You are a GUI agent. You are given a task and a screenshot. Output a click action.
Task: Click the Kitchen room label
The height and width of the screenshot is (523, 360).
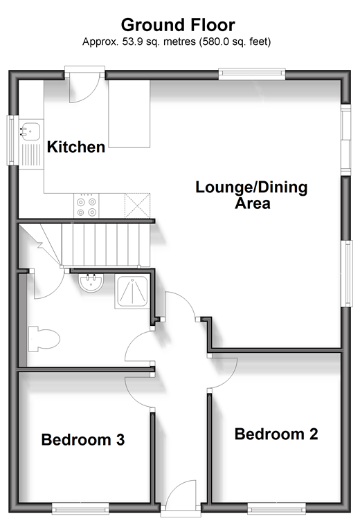76,147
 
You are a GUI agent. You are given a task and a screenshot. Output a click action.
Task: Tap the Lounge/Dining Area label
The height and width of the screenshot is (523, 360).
251,195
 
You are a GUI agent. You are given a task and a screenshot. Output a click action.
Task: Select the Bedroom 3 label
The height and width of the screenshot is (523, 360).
83,439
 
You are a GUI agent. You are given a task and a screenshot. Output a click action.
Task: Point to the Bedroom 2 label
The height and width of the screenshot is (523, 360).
276,434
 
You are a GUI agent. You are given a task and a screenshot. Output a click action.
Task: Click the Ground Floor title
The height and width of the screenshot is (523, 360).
178,25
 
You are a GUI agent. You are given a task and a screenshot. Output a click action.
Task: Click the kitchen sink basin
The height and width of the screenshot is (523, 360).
30,131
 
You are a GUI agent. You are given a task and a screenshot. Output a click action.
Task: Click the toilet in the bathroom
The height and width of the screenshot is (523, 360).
44,340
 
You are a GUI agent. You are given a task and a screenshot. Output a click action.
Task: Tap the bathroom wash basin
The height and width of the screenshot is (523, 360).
91,283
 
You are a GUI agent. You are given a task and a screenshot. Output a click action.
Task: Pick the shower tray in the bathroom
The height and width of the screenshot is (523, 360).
132,292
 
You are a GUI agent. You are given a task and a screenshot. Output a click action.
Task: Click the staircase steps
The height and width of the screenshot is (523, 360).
106,245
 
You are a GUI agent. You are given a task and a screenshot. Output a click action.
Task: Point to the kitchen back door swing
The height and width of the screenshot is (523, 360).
84,89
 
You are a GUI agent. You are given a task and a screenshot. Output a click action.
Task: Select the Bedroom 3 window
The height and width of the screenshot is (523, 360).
80,508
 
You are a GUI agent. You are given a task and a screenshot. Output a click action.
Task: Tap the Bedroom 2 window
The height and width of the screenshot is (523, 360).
276,508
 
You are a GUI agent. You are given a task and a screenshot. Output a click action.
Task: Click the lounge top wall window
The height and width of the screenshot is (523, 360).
252,74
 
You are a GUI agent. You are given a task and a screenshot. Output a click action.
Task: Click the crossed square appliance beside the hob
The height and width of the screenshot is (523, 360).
137,205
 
